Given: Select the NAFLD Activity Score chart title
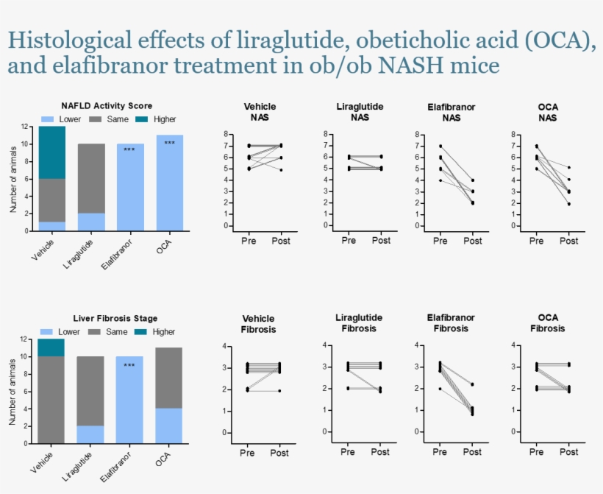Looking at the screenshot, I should click(x=107, y=106).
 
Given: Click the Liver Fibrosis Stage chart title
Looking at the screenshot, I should click(x=104, y=319).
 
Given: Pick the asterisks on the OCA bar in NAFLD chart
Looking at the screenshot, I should click(x=170, y=143).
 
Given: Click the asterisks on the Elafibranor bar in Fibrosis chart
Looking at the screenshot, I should click(x=129, y=365).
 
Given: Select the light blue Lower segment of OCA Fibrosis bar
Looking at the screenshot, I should click(x=170, y=426).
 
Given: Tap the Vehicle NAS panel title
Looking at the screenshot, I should click(x=260, y=112).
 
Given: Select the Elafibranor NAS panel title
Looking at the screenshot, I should click(x=451, y=112).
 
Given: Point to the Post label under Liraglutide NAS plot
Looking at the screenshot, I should click(x=380, y=241).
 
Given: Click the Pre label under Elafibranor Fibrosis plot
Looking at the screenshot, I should click(x=440, y=452).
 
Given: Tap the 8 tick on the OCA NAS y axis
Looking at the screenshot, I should click(x=513, y=135).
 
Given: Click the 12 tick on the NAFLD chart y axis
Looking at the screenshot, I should click(x=25, y=127).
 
